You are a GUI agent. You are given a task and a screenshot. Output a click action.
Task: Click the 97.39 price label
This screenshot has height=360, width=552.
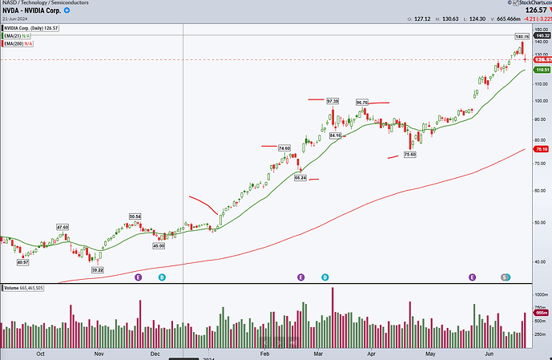[x=333, y=100]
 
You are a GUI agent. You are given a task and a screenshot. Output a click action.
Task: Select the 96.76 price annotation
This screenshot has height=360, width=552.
[x=362, y=103]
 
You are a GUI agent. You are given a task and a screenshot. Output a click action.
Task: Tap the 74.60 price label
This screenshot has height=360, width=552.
[x=284, y=148]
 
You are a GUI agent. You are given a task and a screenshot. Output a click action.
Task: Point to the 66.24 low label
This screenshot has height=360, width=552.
[x=300, y=178]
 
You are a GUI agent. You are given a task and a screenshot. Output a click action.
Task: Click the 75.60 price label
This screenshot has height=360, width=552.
[x=409, y=154]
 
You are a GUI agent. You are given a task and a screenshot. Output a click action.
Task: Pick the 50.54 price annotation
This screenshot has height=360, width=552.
[x=135, y=216]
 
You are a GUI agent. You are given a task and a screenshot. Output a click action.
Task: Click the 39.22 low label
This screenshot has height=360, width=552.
[x=97, y=270]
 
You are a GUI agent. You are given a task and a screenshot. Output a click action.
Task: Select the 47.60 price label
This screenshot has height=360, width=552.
[x=62, y=227]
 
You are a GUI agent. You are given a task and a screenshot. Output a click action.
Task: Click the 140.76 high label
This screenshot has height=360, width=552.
[x=522, y=37]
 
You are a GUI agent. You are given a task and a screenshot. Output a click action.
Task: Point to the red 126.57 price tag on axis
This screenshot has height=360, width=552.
[x=540, y=59]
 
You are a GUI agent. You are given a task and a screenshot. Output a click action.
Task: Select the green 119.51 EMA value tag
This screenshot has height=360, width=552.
[x=540, y=70]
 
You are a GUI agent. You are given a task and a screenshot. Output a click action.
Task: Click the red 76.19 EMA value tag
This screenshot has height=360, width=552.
[x=540, y=149]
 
